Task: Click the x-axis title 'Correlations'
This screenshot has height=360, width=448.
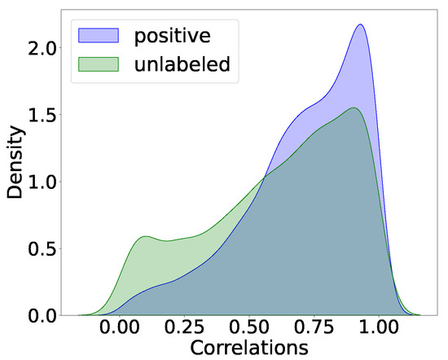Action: coord(238,349)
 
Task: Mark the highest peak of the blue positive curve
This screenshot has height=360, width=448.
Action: coord(359,24)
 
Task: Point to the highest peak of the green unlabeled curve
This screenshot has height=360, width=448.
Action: coord(354,108)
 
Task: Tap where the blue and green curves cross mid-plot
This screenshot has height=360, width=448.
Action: coord(265,176)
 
